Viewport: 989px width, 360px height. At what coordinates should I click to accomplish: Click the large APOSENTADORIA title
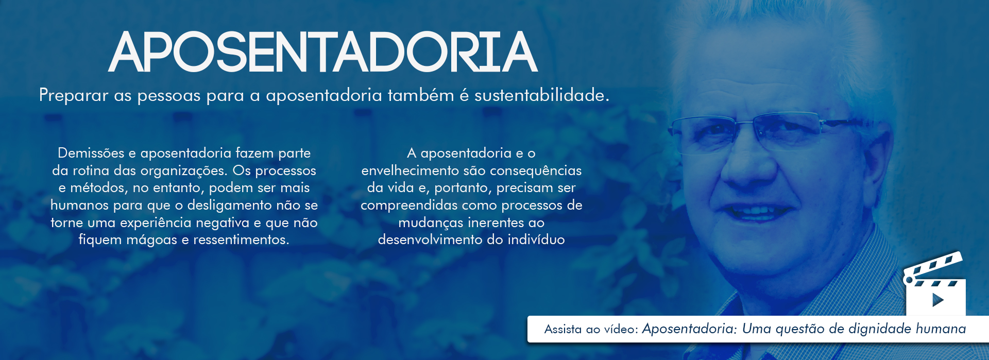point(323,52)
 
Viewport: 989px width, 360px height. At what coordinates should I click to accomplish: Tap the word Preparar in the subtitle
point(74,96)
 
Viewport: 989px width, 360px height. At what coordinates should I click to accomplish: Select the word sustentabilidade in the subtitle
point(541,95)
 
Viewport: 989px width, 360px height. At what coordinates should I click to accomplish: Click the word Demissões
point(91,153)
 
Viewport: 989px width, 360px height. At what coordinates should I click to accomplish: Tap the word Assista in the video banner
point(563,329)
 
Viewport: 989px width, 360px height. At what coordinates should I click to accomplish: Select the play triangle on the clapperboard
point(938,300)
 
